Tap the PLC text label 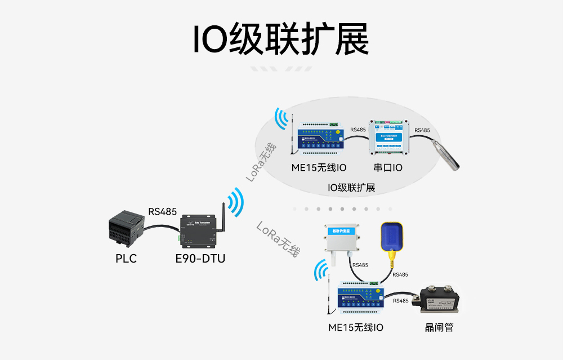click(x=126, y=259)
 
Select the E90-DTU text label click(x=196, y=259)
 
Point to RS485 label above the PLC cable click(x=162, y=212)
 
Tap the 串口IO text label click(x=388, y=167)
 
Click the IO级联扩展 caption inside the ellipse click(x=351, y=188)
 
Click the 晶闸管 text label click(x=439, y=327)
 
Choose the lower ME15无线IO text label click(x=356, y=327)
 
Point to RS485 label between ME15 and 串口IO click(x=358, y=130)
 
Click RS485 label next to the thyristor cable click(x=401, y=300)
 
